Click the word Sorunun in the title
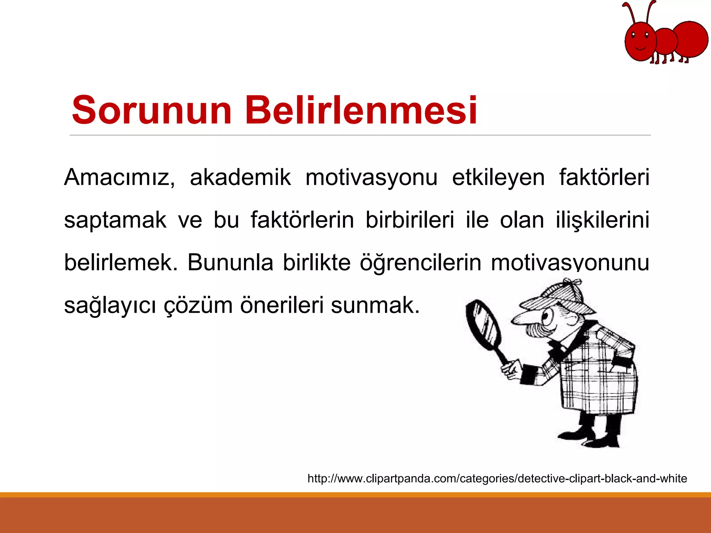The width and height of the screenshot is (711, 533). (151, 110)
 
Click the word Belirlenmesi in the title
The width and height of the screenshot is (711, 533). (361, 110)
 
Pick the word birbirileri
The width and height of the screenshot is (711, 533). (410, 220)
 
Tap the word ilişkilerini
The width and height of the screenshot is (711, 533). (602, 220)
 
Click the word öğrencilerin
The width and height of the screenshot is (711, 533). (420, 263)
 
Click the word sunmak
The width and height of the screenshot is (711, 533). (375, 305)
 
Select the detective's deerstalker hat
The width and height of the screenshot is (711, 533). (555, 297)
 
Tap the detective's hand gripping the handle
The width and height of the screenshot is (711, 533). (512, 370)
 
